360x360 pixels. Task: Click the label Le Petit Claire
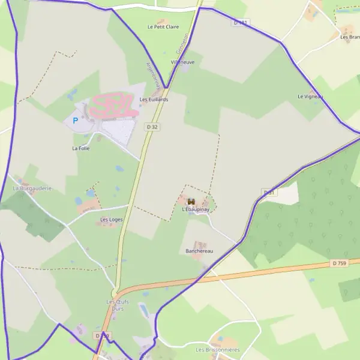point(163,27)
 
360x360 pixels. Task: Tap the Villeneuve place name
point(183,62)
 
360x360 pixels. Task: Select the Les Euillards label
point(154,100)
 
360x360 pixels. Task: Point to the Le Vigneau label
point(310,97)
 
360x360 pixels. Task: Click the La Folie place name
point(80,148)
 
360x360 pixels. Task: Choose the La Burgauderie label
point(32,188)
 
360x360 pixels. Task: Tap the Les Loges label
point(112,220)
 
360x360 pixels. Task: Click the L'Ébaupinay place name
point(194,211)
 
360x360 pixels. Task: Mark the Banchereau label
point(199,251)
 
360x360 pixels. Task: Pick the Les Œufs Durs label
point(118,305)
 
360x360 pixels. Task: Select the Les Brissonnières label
point(217,350)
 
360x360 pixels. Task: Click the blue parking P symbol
point(75,121)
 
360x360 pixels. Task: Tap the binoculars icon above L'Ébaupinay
point(191,201)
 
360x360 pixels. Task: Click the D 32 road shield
point(152,127)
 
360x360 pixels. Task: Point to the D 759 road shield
point(339,263)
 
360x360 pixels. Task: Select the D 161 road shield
point(241,23)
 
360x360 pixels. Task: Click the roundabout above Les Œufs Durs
point(114,293)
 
